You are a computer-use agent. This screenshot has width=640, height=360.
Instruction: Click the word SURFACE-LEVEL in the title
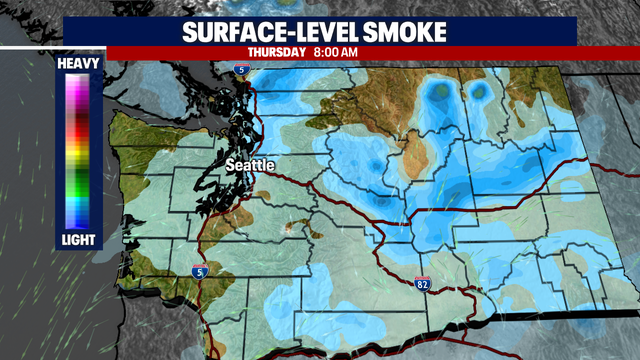tap(260, 32)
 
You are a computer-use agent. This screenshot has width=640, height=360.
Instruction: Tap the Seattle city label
tap(250, 164)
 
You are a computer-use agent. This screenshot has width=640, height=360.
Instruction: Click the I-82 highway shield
tap(423, 286)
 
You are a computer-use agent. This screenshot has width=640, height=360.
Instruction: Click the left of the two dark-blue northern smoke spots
tap(438, 91)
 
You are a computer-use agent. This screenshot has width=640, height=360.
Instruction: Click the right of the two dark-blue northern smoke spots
tap(480, 91)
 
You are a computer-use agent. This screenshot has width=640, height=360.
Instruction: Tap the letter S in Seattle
tap(230, 164)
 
